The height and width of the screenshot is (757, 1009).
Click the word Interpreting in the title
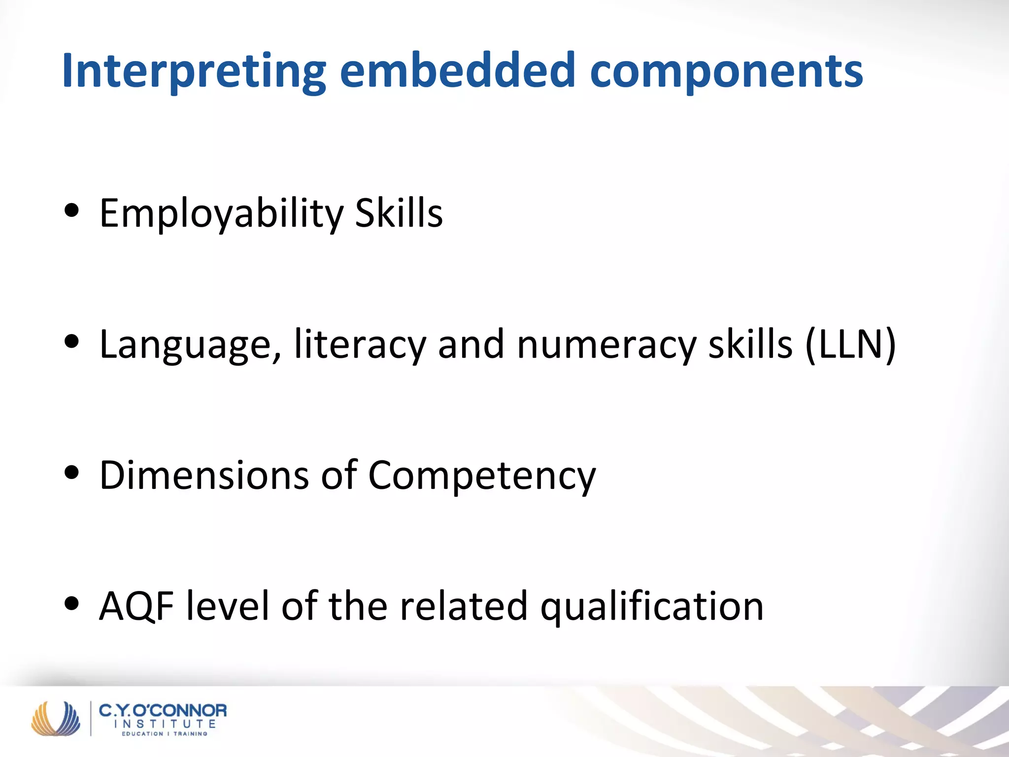click(194, 71)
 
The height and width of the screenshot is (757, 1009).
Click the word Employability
click(221, 214)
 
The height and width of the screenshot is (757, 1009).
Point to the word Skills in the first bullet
click(399, 213)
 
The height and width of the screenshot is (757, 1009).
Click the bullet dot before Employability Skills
click(72, 211)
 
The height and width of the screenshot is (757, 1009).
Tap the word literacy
click(360, 345)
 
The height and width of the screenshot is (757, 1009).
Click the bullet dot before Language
click(72, 342)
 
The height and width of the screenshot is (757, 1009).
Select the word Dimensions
click(204, 475)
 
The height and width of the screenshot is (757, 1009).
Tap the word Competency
click(482, 476)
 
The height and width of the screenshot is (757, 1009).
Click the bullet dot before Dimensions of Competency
click(72, 472)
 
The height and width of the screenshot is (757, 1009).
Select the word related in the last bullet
click(464, 606)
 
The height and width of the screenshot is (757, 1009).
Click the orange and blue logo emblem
click(56, 719)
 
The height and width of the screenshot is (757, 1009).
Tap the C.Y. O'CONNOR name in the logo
click(163, 711)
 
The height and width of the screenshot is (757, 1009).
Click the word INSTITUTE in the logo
click(165, 724)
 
